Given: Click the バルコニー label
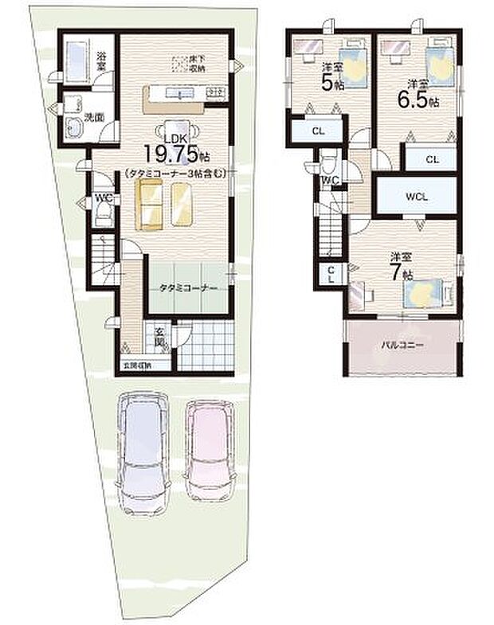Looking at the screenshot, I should (x=401, y=346).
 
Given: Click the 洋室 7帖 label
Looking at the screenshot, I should (x=401, y=266).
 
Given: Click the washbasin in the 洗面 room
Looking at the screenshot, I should (x=74, y=127).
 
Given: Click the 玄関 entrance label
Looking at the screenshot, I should (x=159, y=336).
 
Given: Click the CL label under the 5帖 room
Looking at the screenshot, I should (x=317, y=131).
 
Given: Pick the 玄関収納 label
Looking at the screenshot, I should (x=137, y=366).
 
